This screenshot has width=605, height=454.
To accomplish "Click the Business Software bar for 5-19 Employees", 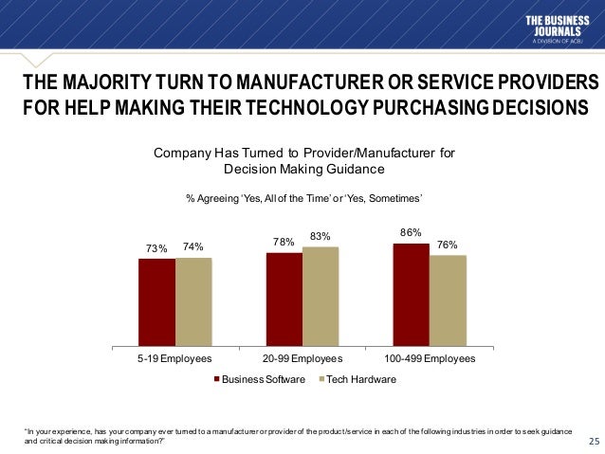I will (156, 301).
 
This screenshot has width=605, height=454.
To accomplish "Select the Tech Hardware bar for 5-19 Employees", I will (193, 300).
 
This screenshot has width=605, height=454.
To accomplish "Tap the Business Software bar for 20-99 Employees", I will (284, 299).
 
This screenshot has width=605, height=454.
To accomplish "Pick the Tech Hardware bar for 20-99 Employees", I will (321, 296).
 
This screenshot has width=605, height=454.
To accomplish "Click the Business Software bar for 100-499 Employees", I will (412, 294).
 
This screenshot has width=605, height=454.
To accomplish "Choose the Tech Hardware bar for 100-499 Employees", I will (448, 300).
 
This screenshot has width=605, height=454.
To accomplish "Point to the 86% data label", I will (412, 231).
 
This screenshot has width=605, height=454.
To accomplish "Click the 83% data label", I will (321, 236).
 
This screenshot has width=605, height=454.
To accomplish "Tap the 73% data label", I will (156, 248).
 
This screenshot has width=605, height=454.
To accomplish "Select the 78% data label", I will (284, 242).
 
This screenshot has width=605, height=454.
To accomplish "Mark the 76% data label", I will (448, 244).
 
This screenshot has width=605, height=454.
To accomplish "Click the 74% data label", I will (193, 246).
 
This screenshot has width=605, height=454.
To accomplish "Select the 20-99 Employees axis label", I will (302, 360).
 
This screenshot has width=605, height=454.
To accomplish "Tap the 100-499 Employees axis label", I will (430, 360).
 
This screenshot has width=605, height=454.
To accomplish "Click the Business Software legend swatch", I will (217, 379).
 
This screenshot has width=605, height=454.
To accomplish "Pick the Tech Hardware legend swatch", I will (321, 379).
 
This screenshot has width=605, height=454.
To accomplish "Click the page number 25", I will (595, 441).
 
